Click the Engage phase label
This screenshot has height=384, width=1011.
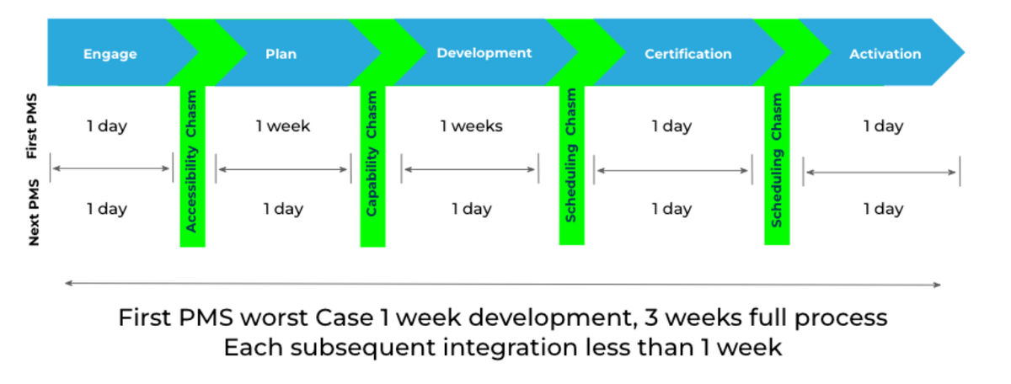tap(110, 54)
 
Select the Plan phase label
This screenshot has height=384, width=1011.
tap(281, 54)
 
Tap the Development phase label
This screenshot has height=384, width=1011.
tap(484, 53)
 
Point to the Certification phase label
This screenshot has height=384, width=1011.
tap(688, 54)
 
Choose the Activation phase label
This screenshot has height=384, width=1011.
tap(885, 54)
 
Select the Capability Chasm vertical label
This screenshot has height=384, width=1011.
tap(372, 159)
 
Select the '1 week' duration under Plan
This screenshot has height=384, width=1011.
tap(283, 126)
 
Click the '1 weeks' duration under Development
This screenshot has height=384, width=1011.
tap(472, 126)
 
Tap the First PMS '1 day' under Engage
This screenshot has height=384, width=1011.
tap(107, 126)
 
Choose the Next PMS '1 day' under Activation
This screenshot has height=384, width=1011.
tap(883, 209)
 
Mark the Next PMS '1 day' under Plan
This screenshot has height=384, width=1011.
tap(283, 209)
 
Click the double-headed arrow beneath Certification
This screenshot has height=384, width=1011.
tap(672, 170)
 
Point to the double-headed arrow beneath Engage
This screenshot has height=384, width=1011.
tap(110, 168)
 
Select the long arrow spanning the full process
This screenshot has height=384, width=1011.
tap(502, 285)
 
